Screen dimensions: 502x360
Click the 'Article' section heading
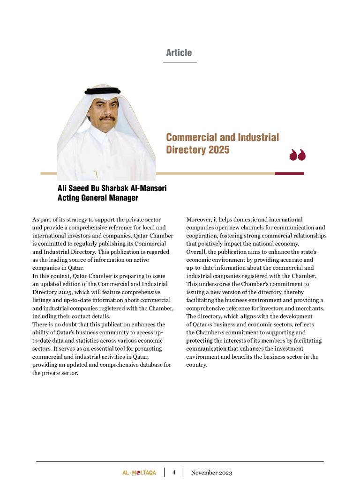pos(179,53)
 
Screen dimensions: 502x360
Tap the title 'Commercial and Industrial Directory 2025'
pos(222,143)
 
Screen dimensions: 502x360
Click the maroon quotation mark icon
pos(297,155)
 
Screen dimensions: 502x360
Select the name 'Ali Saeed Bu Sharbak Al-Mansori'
pos(112,188)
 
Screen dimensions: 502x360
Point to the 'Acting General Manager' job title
pos(97,198)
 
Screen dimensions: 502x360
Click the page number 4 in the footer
pos(173,472)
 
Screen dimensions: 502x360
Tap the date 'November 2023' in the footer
pos(211,472)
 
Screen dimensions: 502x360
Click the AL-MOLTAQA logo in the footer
pos(136,472)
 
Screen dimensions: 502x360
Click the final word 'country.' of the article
pos(196,365)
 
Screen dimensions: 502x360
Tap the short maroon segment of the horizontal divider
pos(289,174)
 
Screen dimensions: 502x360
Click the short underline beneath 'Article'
pos(180,63)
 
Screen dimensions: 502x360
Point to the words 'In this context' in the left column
pos(52,276)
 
